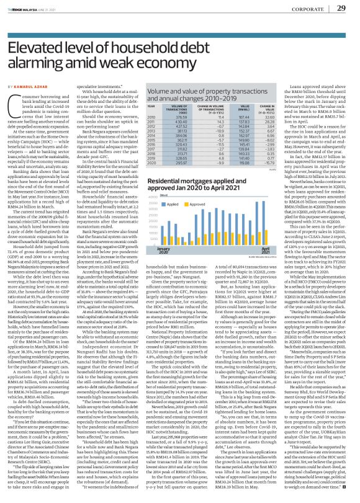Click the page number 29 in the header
(340, 8)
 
